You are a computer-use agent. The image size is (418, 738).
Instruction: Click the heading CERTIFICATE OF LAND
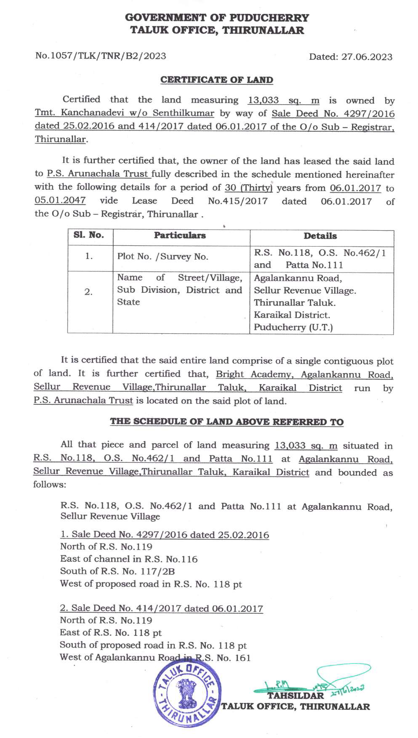point(216,80)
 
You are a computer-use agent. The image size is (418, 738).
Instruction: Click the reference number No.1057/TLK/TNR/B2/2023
point(101,56)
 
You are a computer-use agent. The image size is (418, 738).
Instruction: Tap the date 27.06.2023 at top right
point(367,57)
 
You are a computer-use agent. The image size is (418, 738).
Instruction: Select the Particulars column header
point(180,236)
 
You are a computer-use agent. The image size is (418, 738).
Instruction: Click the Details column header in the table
point(320,236)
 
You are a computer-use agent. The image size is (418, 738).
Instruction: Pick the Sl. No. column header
point(89,235)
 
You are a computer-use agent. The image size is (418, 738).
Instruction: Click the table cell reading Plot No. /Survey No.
point(162,257)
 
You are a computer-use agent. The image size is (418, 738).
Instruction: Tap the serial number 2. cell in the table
point(88,292)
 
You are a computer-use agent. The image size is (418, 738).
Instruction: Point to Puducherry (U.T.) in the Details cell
point(293,327)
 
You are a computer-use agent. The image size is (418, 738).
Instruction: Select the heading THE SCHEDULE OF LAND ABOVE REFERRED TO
point(226,422)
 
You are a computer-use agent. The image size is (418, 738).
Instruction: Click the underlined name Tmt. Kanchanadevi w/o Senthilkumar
point(124,113)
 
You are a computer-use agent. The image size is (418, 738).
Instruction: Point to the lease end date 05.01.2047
point(60,200)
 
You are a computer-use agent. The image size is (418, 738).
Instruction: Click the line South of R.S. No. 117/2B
point(117,571)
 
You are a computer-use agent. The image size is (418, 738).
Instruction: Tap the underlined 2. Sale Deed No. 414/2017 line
point(161,608)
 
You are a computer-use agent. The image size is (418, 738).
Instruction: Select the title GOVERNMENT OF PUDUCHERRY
point(217,18)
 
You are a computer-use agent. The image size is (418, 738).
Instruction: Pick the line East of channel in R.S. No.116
point(128,559)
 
